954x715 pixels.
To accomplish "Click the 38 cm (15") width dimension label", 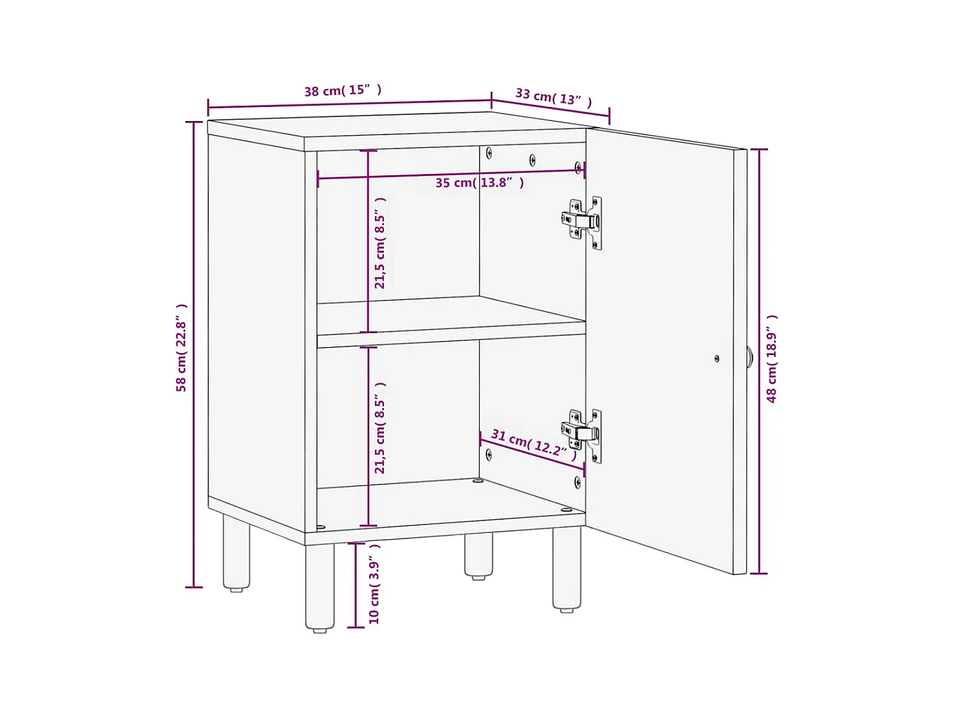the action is tap(343, 90).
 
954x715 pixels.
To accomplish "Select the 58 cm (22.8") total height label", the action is tap(181, 348).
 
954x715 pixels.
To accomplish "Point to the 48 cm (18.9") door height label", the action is tap(771, 359).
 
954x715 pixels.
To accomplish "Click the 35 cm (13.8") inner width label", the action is tap(480, 183).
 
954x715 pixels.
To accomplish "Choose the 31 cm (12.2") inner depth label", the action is tap(534, 444).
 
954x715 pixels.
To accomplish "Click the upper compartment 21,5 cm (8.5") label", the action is tap(380, 243).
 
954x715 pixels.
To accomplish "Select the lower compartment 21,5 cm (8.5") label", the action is tap(380, 428).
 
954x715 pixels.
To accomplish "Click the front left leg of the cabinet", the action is tap(320, 587).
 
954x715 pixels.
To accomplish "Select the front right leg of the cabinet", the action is tap(567, 569).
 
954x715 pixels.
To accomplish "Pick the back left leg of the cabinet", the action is tap(236, 553).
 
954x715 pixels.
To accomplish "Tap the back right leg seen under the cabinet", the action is tap(478, 556).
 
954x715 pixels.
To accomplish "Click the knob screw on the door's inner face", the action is tap(717, 359).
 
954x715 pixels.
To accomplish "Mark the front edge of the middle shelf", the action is tap(451, 340).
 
